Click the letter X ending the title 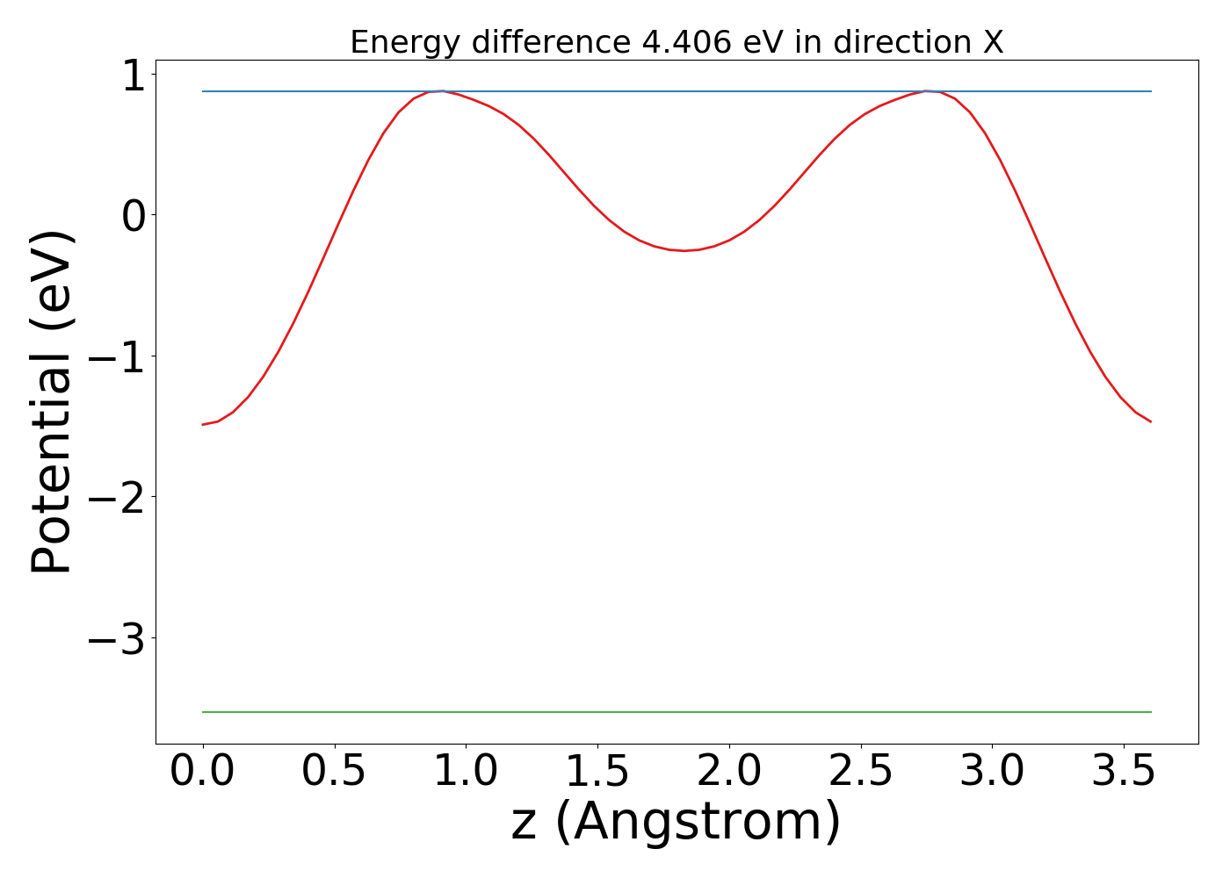coord(992,42)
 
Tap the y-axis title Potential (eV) coord(53,402)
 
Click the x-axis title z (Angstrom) coord(676,822)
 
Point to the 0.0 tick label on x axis coord(202,772)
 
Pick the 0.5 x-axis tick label coord(334,772)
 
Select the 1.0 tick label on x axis coord(466,772)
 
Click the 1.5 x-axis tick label coord(597,772)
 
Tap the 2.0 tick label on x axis coord(729,772)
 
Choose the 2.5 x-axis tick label coord(861,772)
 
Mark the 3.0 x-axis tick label coord(993,772)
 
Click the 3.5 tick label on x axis coord(1124,772)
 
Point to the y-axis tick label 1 coord(132,76)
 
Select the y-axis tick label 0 coord(132,216)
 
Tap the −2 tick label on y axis coord(116,498)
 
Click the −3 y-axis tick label coord(116,639)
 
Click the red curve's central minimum coord(684,250)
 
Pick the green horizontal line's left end coord(204,712)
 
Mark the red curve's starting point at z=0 coord(203,424)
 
